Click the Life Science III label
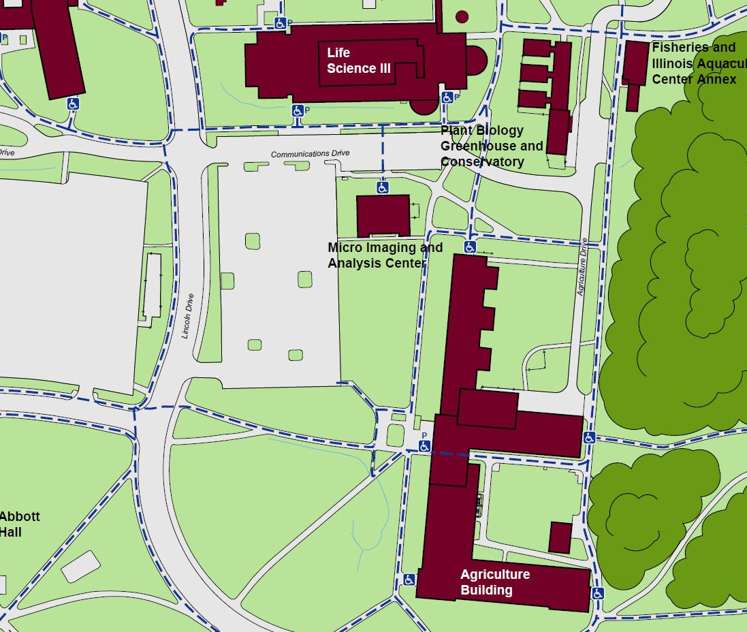(351, 61)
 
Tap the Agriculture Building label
(494, 582)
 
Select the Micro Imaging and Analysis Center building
(383, 215)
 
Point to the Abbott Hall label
(19, 524)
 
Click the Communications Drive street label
(310, 154)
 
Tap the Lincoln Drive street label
(189, 315)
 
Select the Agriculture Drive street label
(582, 266)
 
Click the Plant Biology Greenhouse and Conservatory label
(491, 146)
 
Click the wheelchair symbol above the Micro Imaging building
(383, 187)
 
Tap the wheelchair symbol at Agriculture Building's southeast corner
(598, 593)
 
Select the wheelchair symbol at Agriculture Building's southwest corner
(409, 580)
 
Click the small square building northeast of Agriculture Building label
(560, 537)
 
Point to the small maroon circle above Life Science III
(462, 16)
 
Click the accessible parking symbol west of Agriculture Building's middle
(424, 446)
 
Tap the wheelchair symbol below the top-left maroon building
(73, 104)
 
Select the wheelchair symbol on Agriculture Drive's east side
(590, 437)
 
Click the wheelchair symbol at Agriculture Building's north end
(470, 246)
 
